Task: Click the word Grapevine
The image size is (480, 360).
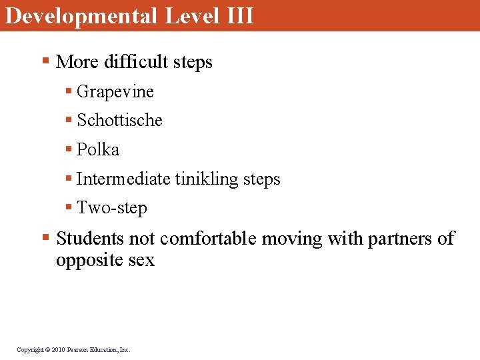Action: (115, 92)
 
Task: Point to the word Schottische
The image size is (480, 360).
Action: (120, 121)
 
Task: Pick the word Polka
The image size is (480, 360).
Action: (98, 150)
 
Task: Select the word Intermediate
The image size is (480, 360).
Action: (124, 179)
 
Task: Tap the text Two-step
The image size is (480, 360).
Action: (112, 208)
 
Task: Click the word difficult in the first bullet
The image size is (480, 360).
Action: (136, 62)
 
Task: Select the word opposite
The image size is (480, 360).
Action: (87, 260)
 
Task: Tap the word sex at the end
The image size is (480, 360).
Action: (141, 260)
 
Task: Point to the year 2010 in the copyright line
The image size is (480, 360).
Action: (58, 349)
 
